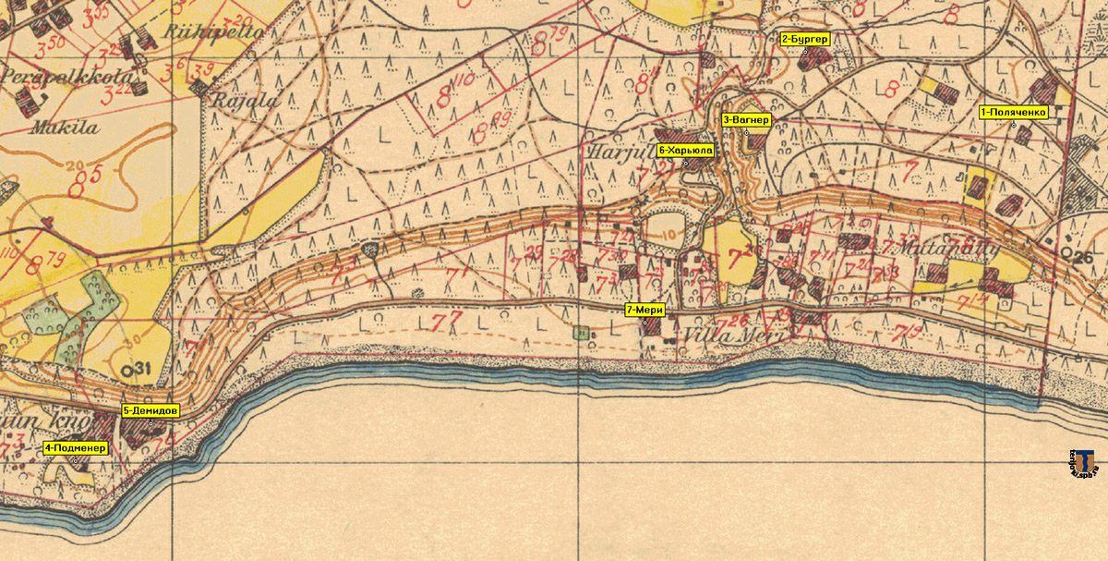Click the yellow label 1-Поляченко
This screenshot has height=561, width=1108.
[x=1013, y=112]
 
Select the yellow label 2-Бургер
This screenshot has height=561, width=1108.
[x=805, y=39]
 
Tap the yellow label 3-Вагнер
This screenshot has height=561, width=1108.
[x=745, y=120]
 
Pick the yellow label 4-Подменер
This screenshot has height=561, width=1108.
[x=76, y=448]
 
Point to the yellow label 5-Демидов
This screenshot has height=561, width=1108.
[x=151, y=409]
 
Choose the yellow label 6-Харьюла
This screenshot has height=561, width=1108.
[x=685, y=150]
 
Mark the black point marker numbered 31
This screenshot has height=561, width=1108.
[x=136, y=371]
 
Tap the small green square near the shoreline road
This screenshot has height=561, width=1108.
[x=580, y=331]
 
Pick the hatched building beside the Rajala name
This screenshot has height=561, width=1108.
[x=200, y=88]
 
